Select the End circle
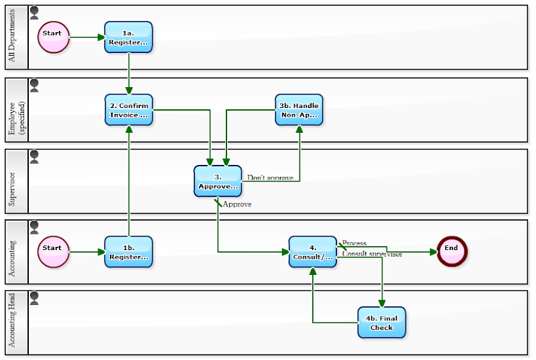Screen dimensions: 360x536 point(451,251)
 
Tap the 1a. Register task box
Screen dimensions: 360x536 point(129,37)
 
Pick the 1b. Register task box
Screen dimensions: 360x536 point(129,251)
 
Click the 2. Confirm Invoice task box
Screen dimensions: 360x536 point(129,110)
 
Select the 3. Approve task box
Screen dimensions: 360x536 point(218,181)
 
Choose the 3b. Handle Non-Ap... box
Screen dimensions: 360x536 point(299,110)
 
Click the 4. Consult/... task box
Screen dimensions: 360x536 point(313,251)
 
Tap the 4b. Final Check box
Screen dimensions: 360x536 point(382,322)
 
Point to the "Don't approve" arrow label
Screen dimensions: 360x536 point(270,178)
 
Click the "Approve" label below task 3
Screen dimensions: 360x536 point(237,204)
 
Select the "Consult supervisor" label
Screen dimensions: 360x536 point(372,254)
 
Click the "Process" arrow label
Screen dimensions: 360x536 point(354,243)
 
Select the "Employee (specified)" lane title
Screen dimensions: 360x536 point(16,110)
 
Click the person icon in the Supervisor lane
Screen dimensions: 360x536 point(34,156)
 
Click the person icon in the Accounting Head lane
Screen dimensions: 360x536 point(34,298)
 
